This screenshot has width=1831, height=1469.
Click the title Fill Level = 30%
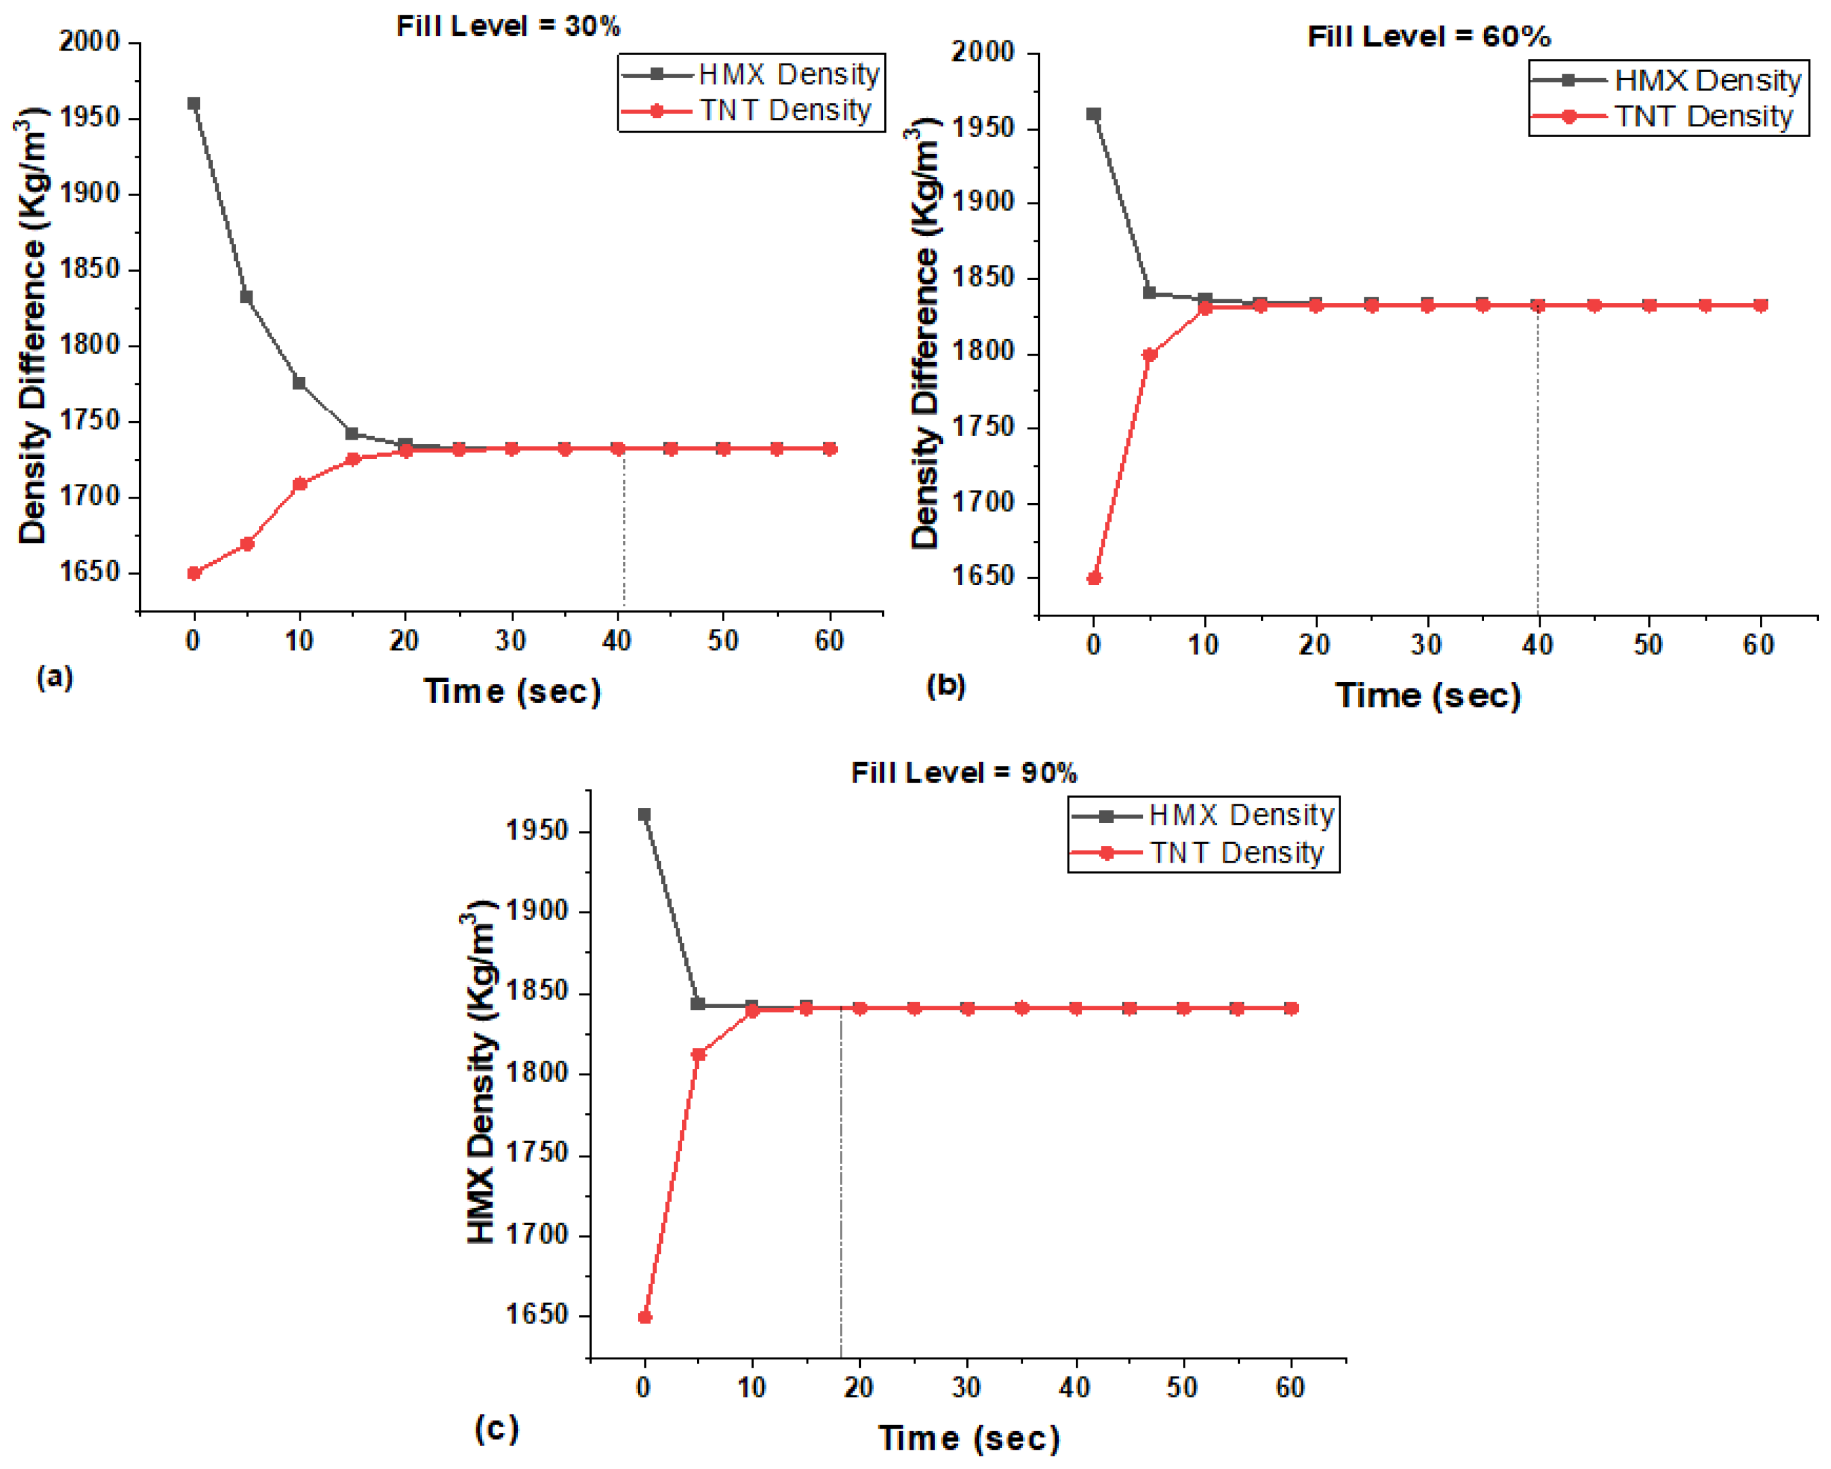[508, 26]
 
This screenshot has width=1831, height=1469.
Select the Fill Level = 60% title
[1428, 37]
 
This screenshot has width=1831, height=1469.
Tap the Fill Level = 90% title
[964, 773]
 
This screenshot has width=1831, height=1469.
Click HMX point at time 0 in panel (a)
[194, 104]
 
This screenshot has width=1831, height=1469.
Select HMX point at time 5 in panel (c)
[698, 1004]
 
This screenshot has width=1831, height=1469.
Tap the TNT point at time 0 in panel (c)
[644, 1317]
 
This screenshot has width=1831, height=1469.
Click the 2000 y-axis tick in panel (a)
[88, 42]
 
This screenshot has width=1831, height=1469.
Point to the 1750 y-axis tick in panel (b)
[983, 427]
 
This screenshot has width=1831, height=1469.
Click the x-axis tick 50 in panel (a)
[723, 640]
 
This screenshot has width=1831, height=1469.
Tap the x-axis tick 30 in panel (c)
[966, 1388]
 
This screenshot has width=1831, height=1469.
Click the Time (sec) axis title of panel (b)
[1428, 695]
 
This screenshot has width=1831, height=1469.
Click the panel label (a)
[55, 677]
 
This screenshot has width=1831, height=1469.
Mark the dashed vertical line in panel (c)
[840, 1189]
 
